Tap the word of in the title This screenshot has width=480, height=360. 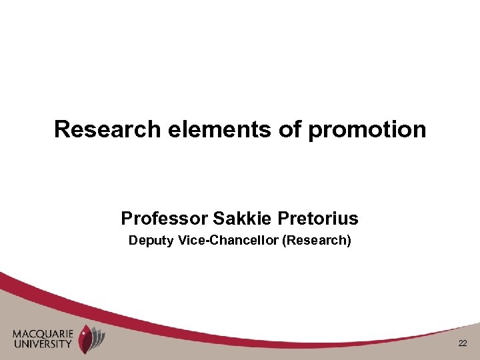coord(290,129)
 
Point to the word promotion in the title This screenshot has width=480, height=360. coord(367,130)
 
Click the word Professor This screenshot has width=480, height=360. coord(165,218)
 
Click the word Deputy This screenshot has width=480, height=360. coord(151,241)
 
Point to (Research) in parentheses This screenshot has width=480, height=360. coord(317,241)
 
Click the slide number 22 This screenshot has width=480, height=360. coord(463,343)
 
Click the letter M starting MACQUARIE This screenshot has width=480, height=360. coord(16,334)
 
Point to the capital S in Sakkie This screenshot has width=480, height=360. coord(218,218)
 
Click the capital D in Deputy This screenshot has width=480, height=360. coord(133,240)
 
